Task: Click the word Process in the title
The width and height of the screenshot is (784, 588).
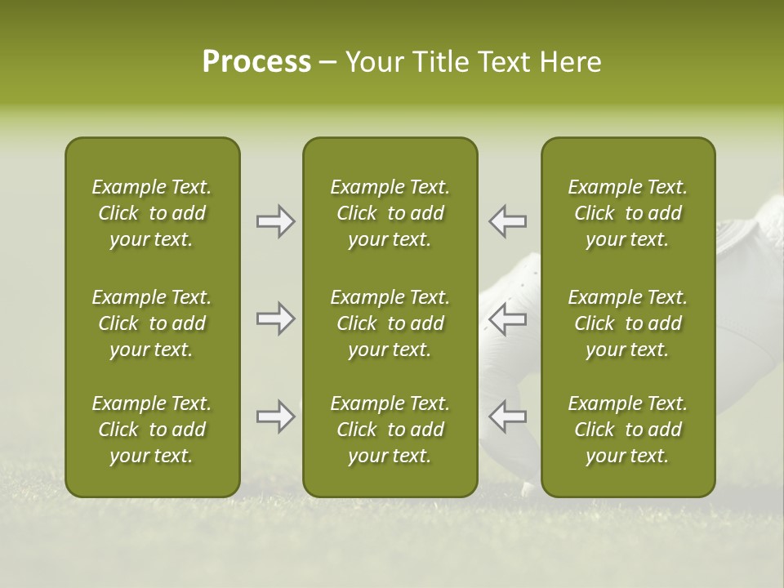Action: click(x=256, y=62)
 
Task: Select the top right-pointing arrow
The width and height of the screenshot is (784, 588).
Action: click(x=275, y=221)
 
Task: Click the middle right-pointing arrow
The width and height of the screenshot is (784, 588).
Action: click(x=275, y=318)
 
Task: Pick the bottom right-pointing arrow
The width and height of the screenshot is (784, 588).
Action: click(x=275, y=416)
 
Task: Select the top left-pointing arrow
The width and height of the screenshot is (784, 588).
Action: click(x=508, y=221)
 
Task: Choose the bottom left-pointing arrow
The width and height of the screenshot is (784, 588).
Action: click(x=508, y=416)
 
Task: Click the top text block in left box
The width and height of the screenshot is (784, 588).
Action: click(x=152, y=213)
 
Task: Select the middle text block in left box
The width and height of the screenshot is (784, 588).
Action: click(x=152, y=323)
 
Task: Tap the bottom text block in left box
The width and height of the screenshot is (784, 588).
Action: click(x=152, y=430)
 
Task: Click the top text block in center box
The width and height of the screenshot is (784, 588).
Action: click(x=390, y=213)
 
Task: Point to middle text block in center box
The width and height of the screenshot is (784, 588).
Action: click(x=390, y=323)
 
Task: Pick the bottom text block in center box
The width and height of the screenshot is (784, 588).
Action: click(x=390, y=430)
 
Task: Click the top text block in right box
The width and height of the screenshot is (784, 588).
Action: click(x=627, y=213)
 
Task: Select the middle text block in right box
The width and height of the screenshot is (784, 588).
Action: click(x=627, y=323)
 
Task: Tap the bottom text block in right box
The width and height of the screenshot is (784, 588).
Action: click(x=627, y=430)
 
